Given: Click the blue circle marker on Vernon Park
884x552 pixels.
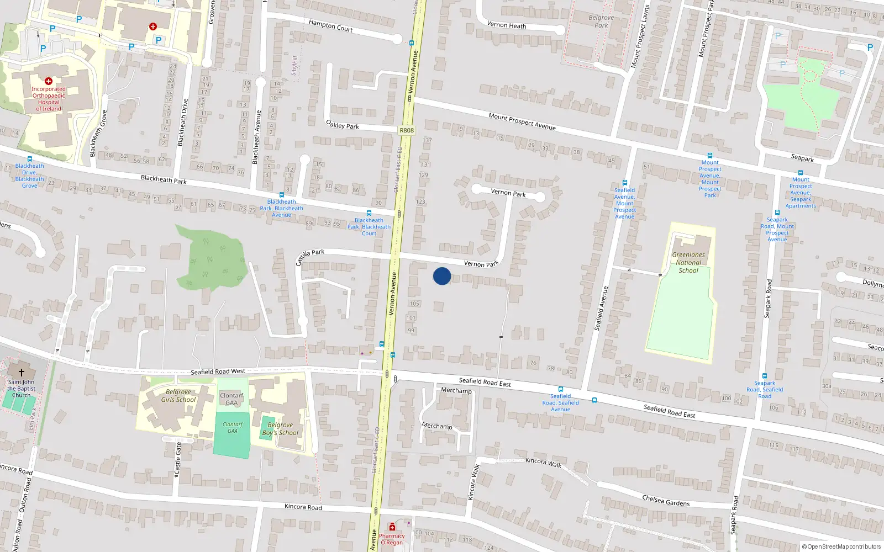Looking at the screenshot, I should pyautogui.click(x=441, y=276).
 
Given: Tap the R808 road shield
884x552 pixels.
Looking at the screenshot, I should pyautogui.click(x=406, y=130).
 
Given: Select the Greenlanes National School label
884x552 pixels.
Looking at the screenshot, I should pyautogui.click(x=688, y=263).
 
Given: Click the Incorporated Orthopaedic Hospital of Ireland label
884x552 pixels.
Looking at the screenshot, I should pyautogui.click(x=49, y=99).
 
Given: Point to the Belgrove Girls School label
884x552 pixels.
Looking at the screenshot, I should pyautogui.click(x=178, y=396).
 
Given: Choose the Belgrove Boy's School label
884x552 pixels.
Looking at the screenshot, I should pyautogui.click(x=280, y=429).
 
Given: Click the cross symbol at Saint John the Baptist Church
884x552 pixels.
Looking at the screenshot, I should pyautogui.click(x=22, y=373).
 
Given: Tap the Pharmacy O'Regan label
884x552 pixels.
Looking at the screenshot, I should pyautogui.click(x=392, y=539).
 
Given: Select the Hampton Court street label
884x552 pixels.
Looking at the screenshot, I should pyautogui.click(x=330, y=25).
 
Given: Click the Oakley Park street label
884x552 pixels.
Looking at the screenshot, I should pyautogui.click(x=342, y=125).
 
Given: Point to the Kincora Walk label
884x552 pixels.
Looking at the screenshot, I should pyautogui.click(x=543, y=462).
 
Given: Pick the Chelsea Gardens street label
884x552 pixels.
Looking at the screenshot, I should pyautogui.click(x=666, y=501).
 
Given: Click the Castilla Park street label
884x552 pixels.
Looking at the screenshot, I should pyautogui.click(x=309, y=256).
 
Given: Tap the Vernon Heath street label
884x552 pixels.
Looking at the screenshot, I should pyautogui.click(x=506, y=25).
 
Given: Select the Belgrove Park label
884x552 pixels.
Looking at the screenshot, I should pyautogui.click(x=601, y=21).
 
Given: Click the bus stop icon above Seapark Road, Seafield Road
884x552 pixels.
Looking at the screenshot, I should pyautogui.click(x=765, y=376).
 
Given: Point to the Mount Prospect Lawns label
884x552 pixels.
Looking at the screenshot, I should pyautogui.click(x=640, y=36).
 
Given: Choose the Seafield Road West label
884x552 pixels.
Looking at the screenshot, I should pyautogui.click(x=218, y=371).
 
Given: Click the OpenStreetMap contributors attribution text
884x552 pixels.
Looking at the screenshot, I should pyautogui.click(x=841, y=546).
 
